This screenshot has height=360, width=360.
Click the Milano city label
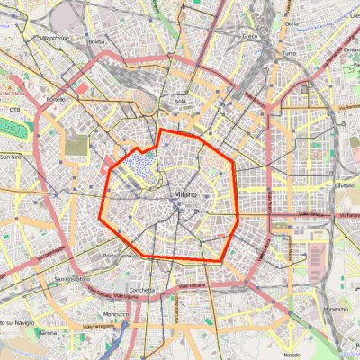click(x=182, y=193)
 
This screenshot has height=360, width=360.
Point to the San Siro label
click(x=10, y=157)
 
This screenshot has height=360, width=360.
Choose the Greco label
click(x=249, y=37)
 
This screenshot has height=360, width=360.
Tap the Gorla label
click(x=292, y=22)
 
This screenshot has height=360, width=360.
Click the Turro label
click(x=289, y=54)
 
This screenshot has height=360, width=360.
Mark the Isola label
click(x=180, y=101)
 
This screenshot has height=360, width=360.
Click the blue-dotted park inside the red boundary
click(x=140, y=164)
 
